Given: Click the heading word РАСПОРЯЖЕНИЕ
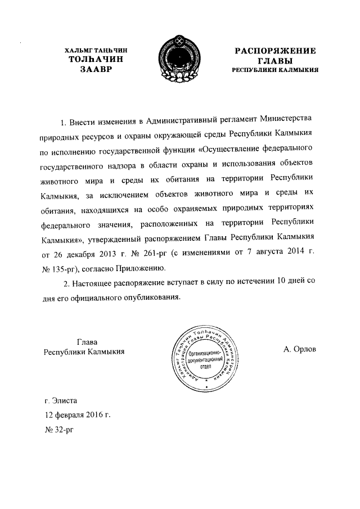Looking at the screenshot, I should pyautogui.click(x=275, y=51).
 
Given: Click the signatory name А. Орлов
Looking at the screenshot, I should pyautogui.click(x=300, y=349).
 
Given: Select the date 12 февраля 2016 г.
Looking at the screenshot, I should pyautogui.click(x=78, y=416).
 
